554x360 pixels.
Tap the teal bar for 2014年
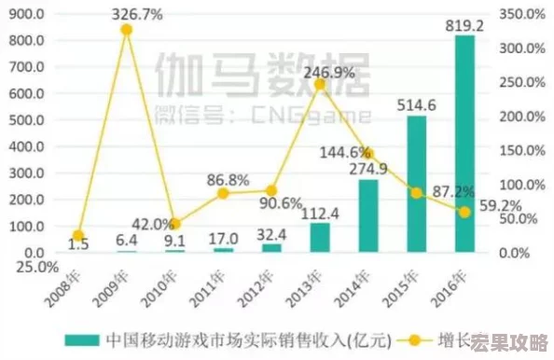(368, 215)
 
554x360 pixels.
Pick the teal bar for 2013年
(320, 237)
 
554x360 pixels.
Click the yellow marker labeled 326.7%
(126, 30)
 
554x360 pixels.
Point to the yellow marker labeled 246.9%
(320, 84)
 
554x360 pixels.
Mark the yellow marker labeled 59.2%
(464, 212)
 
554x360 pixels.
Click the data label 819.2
(464, 26)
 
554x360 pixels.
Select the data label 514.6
(418, 104)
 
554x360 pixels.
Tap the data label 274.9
(368, 169)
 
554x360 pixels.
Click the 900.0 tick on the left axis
(26, 15)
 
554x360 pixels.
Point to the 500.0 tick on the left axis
(26, 120)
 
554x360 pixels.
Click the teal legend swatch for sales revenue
(82, 339)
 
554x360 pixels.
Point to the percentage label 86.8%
(228, 179)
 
